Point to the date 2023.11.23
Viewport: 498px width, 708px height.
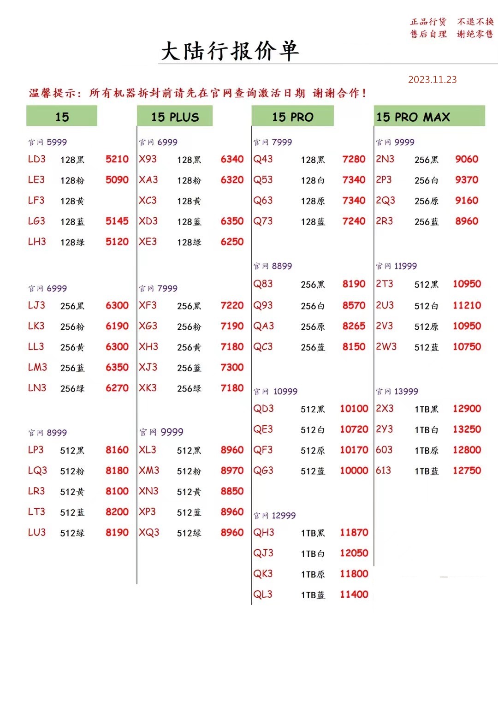pyautogui.click(x=432, y=79)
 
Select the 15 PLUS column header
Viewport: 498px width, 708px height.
pyautogui.click(x=175, y=117)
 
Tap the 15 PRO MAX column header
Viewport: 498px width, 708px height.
pyautogui.click(x=413, y=117)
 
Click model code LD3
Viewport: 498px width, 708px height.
pyautogui.click(x=36, y=159)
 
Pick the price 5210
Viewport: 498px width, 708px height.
pyautogui.click(x=117, y=159)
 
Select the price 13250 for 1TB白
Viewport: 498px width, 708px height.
pyautogui.click(x=467, y=429)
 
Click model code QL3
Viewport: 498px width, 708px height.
pyautogui.click(x=263, y=595)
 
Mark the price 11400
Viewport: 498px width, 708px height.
pyautogui.click(x=354, y=595)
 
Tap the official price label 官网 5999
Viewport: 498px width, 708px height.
pyautogui.click(x=47, y=142)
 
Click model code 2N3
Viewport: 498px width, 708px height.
pyautogui.click(x=385, y=159)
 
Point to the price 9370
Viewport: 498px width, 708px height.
pyautogui.click(x=466, y=180)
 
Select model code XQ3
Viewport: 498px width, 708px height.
pyautogui.click(x=149, y=533)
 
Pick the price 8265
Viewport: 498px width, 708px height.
pyautogui.click(x=354, y=326)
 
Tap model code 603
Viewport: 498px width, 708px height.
pyautogui.click(x=384, y=450)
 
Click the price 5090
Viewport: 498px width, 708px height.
pyautogui.click(x=117, y=180)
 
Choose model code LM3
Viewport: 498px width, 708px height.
pyautogui.click(x=37, y=368)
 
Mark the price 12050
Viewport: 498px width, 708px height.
pyautogui.click(x=354, y=553)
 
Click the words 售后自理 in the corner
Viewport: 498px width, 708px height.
pyautogui.click(x=428, y=34)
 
